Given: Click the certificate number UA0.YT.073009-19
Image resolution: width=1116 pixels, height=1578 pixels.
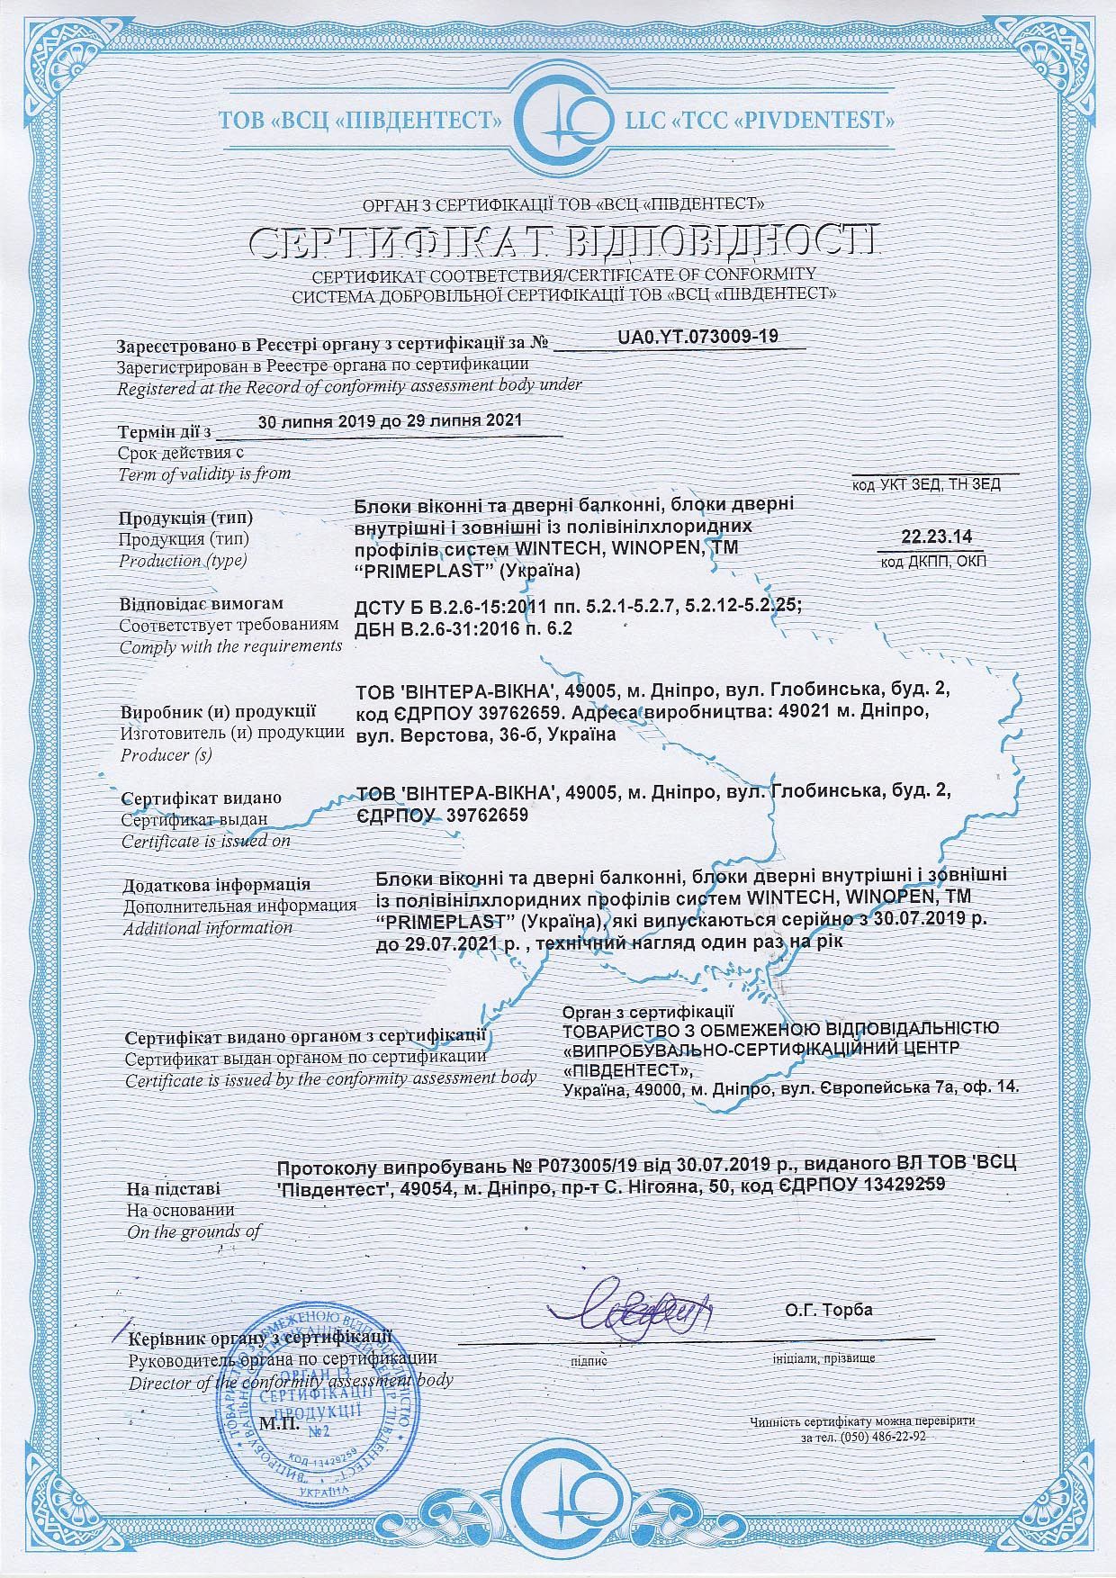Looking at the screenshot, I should point(697,337).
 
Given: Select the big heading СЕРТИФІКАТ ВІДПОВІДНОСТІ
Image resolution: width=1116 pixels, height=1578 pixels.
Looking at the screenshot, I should point(564,241).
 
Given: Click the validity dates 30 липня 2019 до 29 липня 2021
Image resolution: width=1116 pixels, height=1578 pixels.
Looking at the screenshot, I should point(390,421).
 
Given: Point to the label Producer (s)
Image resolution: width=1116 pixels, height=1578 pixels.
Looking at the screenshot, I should point(166,754).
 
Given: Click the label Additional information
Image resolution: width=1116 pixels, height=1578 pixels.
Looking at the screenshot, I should point(208,927).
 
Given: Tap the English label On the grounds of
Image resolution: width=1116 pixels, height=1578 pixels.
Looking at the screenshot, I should point(194,1231).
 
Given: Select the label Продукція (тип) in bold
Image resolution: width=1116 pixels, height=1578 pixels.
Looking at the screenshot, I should point(185,518).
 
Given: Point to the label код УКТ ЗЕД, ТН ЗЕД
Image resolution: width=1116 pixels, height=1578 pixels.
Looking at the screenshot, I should point(926,484).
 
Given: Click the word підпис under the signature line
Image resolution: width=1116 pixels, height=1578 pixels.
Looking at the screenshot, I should point(589,1361).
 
